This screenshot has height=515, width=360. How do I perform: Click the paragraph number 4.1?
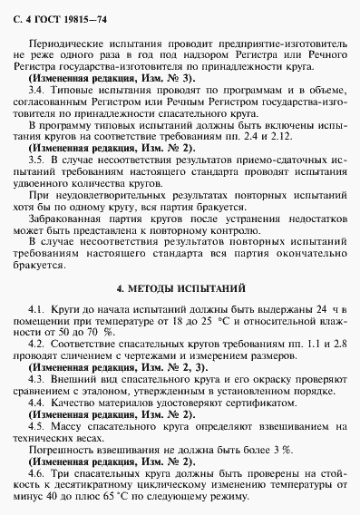37,311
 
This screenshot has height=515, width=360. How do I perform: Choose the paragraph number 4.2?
37,345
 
